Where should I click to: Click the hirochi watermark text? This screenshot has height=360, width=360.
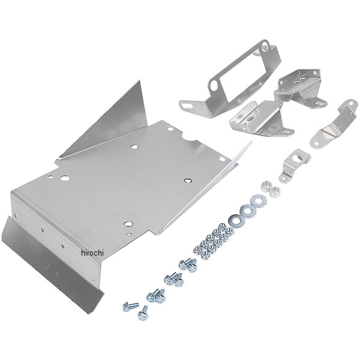[x=92, y=253]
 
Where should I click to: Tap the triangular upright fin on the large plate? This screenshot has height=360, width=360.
[x=115, y=124]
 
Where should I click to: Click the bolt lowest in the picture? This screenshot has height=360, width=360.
[x=143, y=314]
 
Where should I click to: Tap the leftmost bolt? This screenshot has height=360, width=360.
[x=130, y=307]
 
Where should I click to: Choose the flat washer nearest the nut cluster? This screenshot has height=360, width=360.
[x=235, y=221]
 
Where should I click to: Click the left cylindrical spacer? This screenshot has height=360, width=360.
[x=266, y=186]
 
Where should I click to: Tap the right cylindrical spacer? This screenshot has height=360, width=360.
[x=275, y=191]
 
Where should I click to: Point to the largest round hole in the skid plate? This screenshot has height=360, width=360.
[x=65, y=178]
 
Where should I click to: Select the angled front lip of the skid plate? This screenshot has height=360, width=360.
[x=53, y=264]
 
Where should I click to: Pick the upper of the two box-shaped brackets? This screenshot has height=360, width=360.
[x=301, y=88]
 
